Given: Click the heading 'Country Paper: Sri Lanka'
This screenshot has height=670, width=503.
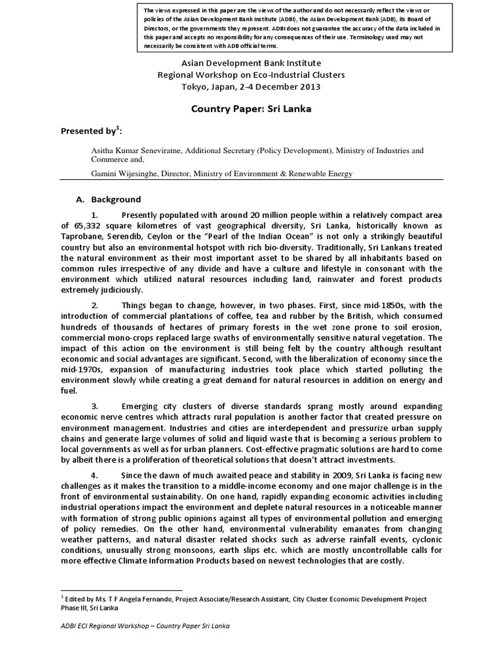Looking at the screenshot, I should click(x=251, y=109).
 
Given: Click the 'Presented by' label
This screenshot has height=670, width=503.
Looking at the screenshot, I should click(x=86, y=130).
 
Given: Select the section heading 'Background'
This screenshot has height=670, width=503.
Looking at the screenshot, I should click(x=115, y=199).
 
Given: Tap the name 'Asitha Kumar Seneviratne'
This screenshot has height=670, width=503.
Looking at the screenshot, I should click(x=137, y=150).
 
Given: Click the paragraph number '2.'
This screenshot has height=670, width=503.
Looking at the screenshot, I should click(x=95, y=305).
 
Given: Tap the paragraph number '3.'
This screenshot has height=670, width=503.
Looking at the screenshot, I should click(x=95, y=406).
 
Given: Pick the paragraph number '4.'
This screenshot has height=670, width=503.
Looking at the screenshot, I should click(x=95, y=474).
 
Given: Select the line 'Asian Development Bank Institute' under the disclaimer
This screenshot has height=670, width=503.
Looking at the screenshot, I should click(x=251, y=63).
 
